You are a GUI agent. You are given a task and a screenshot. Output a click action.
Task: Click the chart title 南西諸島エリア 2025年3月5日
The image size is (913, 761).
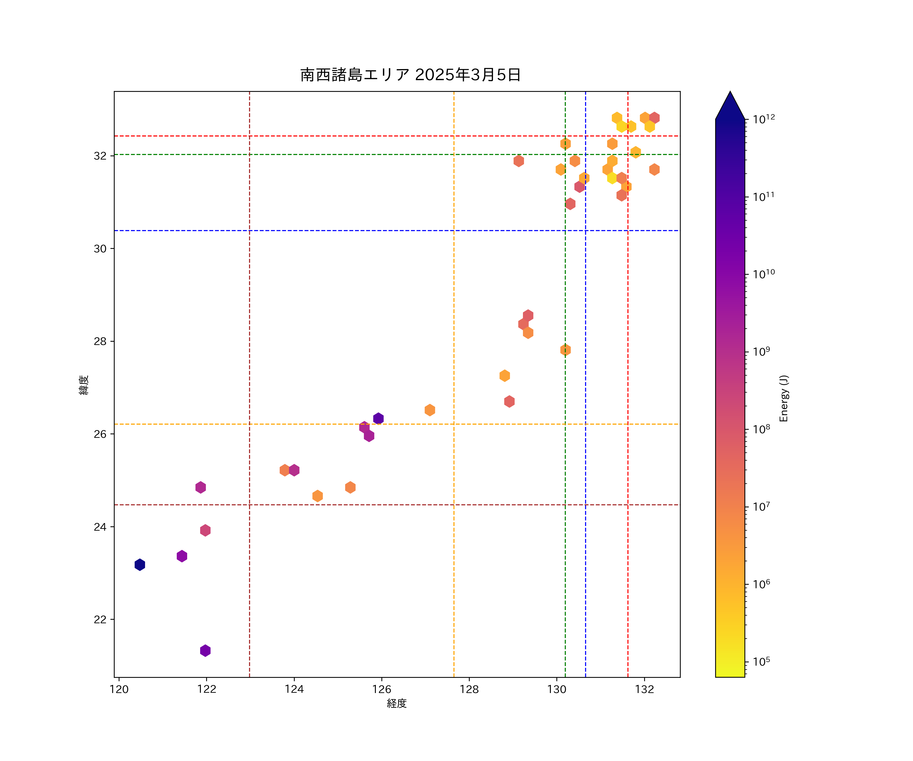(x=410, y=75)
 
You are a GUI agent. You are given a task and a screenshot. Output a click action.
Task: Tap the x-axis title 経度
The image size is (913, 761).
(x=396, y=703)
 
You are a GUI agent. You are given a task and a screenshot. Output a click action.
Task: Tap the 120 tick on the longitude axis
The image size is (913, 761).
(x=119, y=689)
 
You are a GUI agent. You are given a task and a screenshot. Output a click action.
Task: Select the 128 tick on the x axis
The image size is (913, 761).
(x=469, y=689)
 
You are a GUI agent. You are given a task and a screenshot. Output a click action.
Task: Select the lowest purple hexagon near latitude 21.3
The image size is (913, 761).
(x=205, y=651)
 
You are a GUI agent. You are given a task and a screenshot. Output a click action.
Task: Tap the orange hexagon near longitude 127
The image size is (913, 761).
(x=430, y=410)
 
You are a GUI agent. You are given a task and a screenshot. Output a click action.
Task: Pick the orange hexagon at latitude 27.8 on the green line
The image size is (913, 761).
(x=565, y=350)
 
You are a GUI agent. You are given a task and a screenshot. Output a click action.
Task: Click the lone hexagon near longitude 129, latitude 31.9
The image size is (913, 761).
(x=518, y=161)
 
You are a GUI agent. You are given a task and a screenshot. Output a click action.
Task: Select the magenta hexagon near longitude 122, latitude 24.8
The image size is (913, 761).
(x=200, y=488)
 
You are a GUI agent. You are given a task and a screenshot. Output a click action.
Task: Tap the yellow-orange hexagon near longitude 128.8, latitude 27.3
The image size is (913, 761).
(x=504, y=376)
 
